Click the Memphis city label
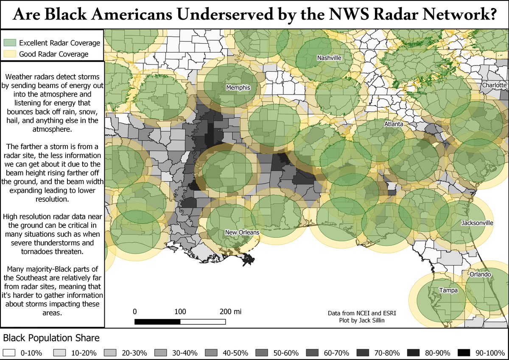click(x=238, y=88)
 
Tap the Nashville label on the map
click(x=329, y=58)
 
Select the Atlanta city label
click(x=393, y=124)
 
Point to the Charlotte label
click(x=494, y=85)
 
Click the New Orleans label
click(x=242, y=232)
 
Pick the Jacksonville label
click(x=478, y=222)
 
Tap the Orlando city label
click(x=480, y=274)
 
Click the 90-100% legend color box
click(x=464, y=353)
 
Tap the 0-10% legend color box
click(x=8, y=353)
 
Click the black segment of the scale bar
click(x=157, y=321)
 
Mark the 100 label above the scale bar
click(x=180, y=312)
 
